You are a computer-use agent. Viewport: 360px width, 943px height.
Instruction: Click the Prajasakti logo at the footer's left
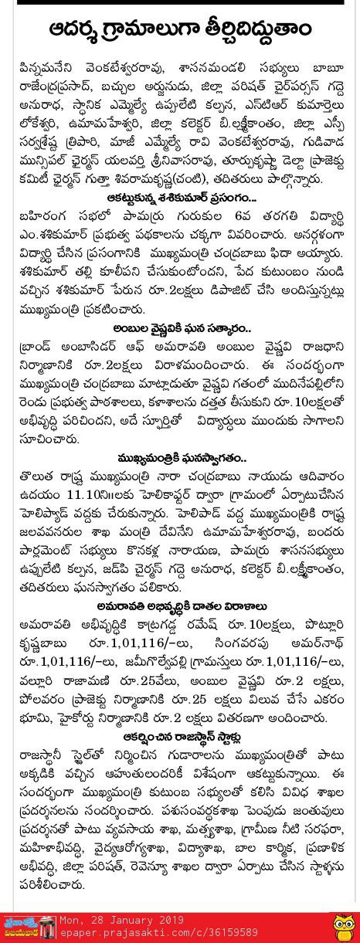(31, 927)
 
